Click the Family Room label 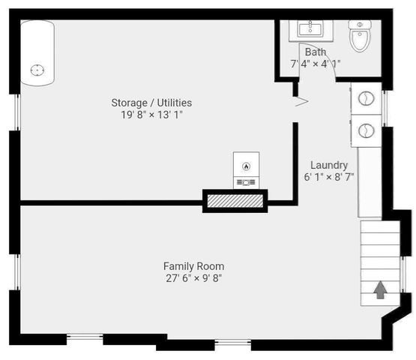193,266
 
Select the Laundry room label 328,165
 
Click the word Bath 315,52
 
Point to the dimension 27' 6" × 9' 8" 193,278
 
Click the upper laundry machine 367,98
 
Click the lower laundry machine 367,129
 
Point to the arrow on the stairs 380,289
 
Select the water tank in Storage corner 36,56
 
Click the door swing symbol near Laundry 301,100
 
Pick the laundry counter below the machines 369,180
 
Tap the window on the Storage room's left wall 16,113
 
